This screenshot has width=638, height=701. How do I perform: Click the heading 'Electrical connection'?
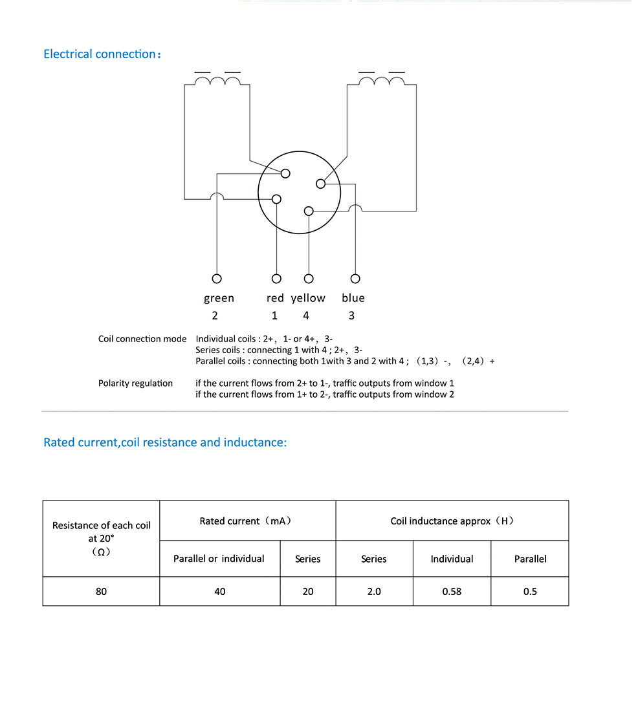click(x=100, y=54)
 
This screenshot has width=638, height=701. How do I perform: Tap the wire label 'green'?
click(x=219, y=298)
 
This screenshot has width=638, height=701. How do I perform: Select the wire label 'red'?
click(x=275, y=298)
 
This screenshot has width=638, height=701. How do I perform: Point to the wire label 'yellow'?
click(x=308, y=298)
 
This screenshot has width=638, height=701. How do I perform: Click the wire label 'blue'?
click(x=353, y=298)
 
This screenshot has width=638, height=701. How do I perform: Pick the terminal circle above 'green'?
click(x=217, y=279)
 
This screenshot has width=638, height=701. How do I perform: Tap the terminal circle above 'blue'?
click(x=355, y=279)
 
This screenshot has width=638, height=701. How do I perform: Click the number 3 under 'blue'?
click(x=351, y=316)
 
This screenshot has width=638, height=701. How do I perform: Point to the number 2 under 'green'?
click(x=215, y=316)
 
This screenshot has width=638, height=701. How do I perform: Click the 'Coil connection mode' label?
click(x=142, y=339)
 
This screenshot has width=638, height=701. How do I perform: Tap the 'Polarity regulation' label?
click(x=135, y=383)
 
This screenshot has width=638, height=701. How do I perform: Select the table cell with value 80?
click(x=101, y=591)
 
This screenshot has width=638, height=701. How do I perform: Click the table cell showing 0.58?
click(x=452, y=591)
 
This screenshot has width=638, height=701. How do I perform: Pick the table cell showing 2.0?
click(x=374, y=591)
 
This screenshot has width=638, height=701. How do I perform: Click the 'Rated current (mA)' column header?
click(x=247, y=521)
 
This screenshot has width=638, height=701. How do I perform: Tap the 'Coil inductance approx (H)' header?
click(x=452, y=521)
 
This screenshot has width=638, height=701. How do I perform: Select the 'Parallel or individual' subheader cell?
click(x=219, y=559)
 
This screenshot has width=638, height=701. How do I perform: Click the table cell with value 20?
click(x=308, y=591)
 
